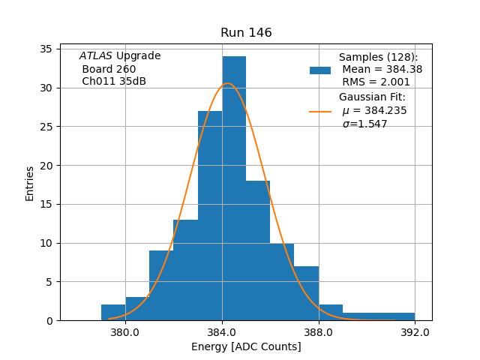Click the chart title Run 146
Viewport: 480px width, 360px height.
(246, 33)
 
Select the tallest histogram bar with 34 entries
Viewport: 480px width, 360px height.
(234, 187)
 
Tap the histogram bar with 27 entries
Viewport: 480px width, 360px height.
(210, 217)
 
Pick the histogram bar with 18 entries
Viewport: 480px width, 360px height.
(258, 251)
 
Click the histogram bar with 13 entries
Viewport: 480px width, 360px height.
(185, 270)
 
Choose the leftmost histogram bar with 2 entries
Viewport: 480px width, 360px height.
(113, 313)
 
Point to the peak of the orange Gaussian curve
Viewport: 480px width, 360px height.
(228, 83)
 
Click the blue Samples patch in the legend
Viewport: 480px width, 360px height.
(320, 70)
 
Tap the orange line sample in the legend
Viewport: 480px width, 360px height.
(320, 112)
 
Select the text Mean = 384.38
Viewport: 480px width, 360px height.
(382, 70)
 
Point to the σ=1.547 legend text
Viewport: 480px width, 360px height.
(364, 124)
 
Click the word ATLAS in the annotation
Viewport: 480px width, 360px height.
(96, 56)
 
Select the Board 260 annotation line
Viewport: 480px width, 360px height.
(109, 69)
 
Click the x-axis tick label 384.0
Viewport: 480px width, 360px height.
(222, 332)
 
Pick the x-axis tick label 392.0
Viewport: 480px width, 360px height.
(415, 332)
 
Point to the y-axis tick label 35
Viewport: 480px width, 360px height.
(46, 49)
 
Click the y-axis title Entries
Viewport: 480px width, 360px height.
(30, 184)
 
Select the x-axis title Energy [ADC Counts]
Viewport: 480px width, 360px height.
(246, 346)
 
